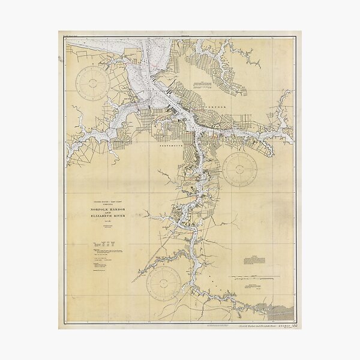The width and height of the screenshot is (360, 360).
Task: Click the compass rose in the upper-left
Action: click(94, 81)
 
